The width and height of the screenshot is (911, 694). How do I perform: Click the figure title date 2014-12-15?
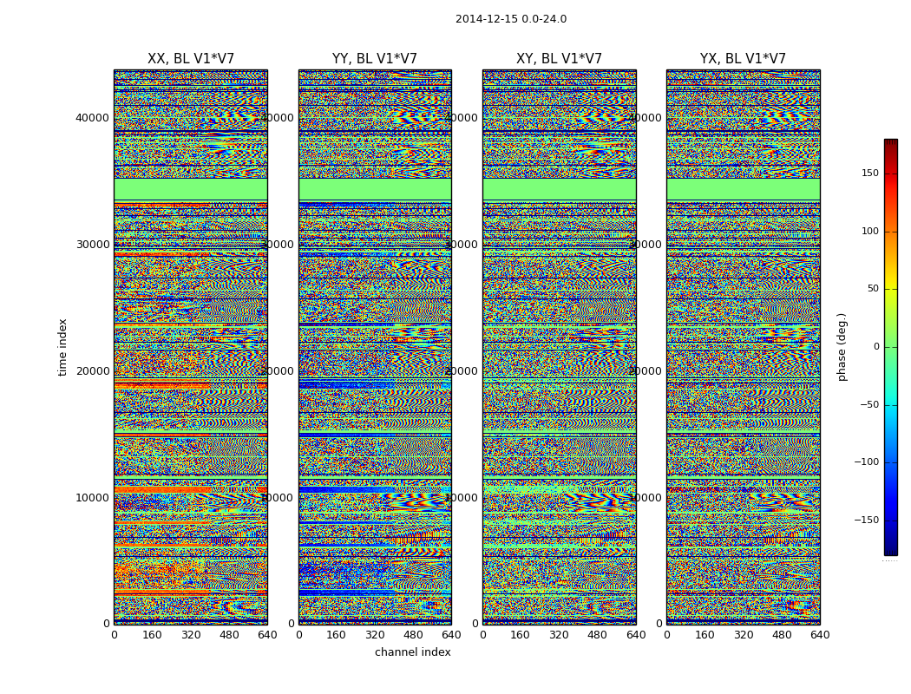pos(485,19)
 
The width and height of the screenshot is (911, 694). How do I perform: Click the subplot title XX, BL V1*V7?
pos(191,59)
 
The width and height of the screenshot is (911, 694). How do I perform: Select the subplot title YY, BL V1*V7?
pos(375,59)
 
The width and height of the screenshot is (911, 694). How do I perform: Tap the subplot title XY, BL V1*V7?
pos(559,59)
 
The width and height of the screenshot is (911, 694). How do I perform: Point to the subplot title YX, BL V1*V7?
pos(743,59)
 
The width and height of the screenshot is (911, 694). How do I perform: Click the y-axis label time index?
pos(62,346)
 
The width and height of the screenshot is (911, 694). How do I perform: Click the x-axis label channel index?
pos(413,652)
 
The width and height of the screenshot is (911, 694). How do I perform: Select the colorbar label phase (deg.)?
pos(842,347)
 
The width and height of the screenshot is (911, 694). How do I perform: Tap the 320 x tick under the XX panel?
pos(191,635)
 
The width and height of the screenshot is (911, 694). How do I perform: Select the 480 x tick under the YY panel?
pos(413,635)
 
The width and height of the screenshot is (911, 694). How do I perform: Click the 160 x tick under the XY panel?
pos(521,635)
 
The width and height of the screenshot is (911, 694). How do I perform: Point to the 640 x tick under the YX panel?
pos(820,635)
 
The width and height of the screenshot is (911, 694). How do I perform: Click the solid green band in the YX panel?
pos(743,188)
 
